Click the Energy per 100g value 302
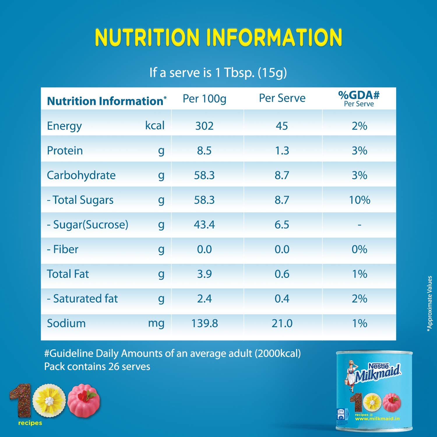pyautogui.click(x=204, y=126)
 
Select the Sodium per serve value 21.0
pyautogui.click(x=282, y=323)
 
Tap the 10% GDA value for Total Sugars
pyautogui.click(x=360, y=200)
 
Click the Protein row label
pyautogui.click(x=65, y=151)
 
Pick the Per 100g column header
pyautogui.click(x=204, y=99)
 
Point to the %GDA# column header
pyautogui.click(x=359, y=98)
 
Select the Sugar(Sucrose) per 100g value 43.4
pyautogui.click(x=204, y=225)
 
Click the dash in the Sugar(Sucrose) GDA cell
pyautogui.click(x=360, y=225)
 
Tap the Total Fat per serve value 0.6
pyautogui.click(x=282, y=274)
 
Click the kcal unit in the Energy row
pyautogui.click(x=155, y=126)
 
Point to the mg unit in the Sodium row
pyautogui.click(x=156, y=323)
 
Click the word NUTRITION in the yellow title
pyautogui.click(x=147, y=37)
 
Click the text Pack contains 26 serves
pyautogui.click(x=97, y=366)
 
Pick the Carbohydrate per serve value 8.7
pyautogui.click(x=282, y=175)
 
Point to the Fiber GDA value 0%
pyautogui.click(x=360, y=249)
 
